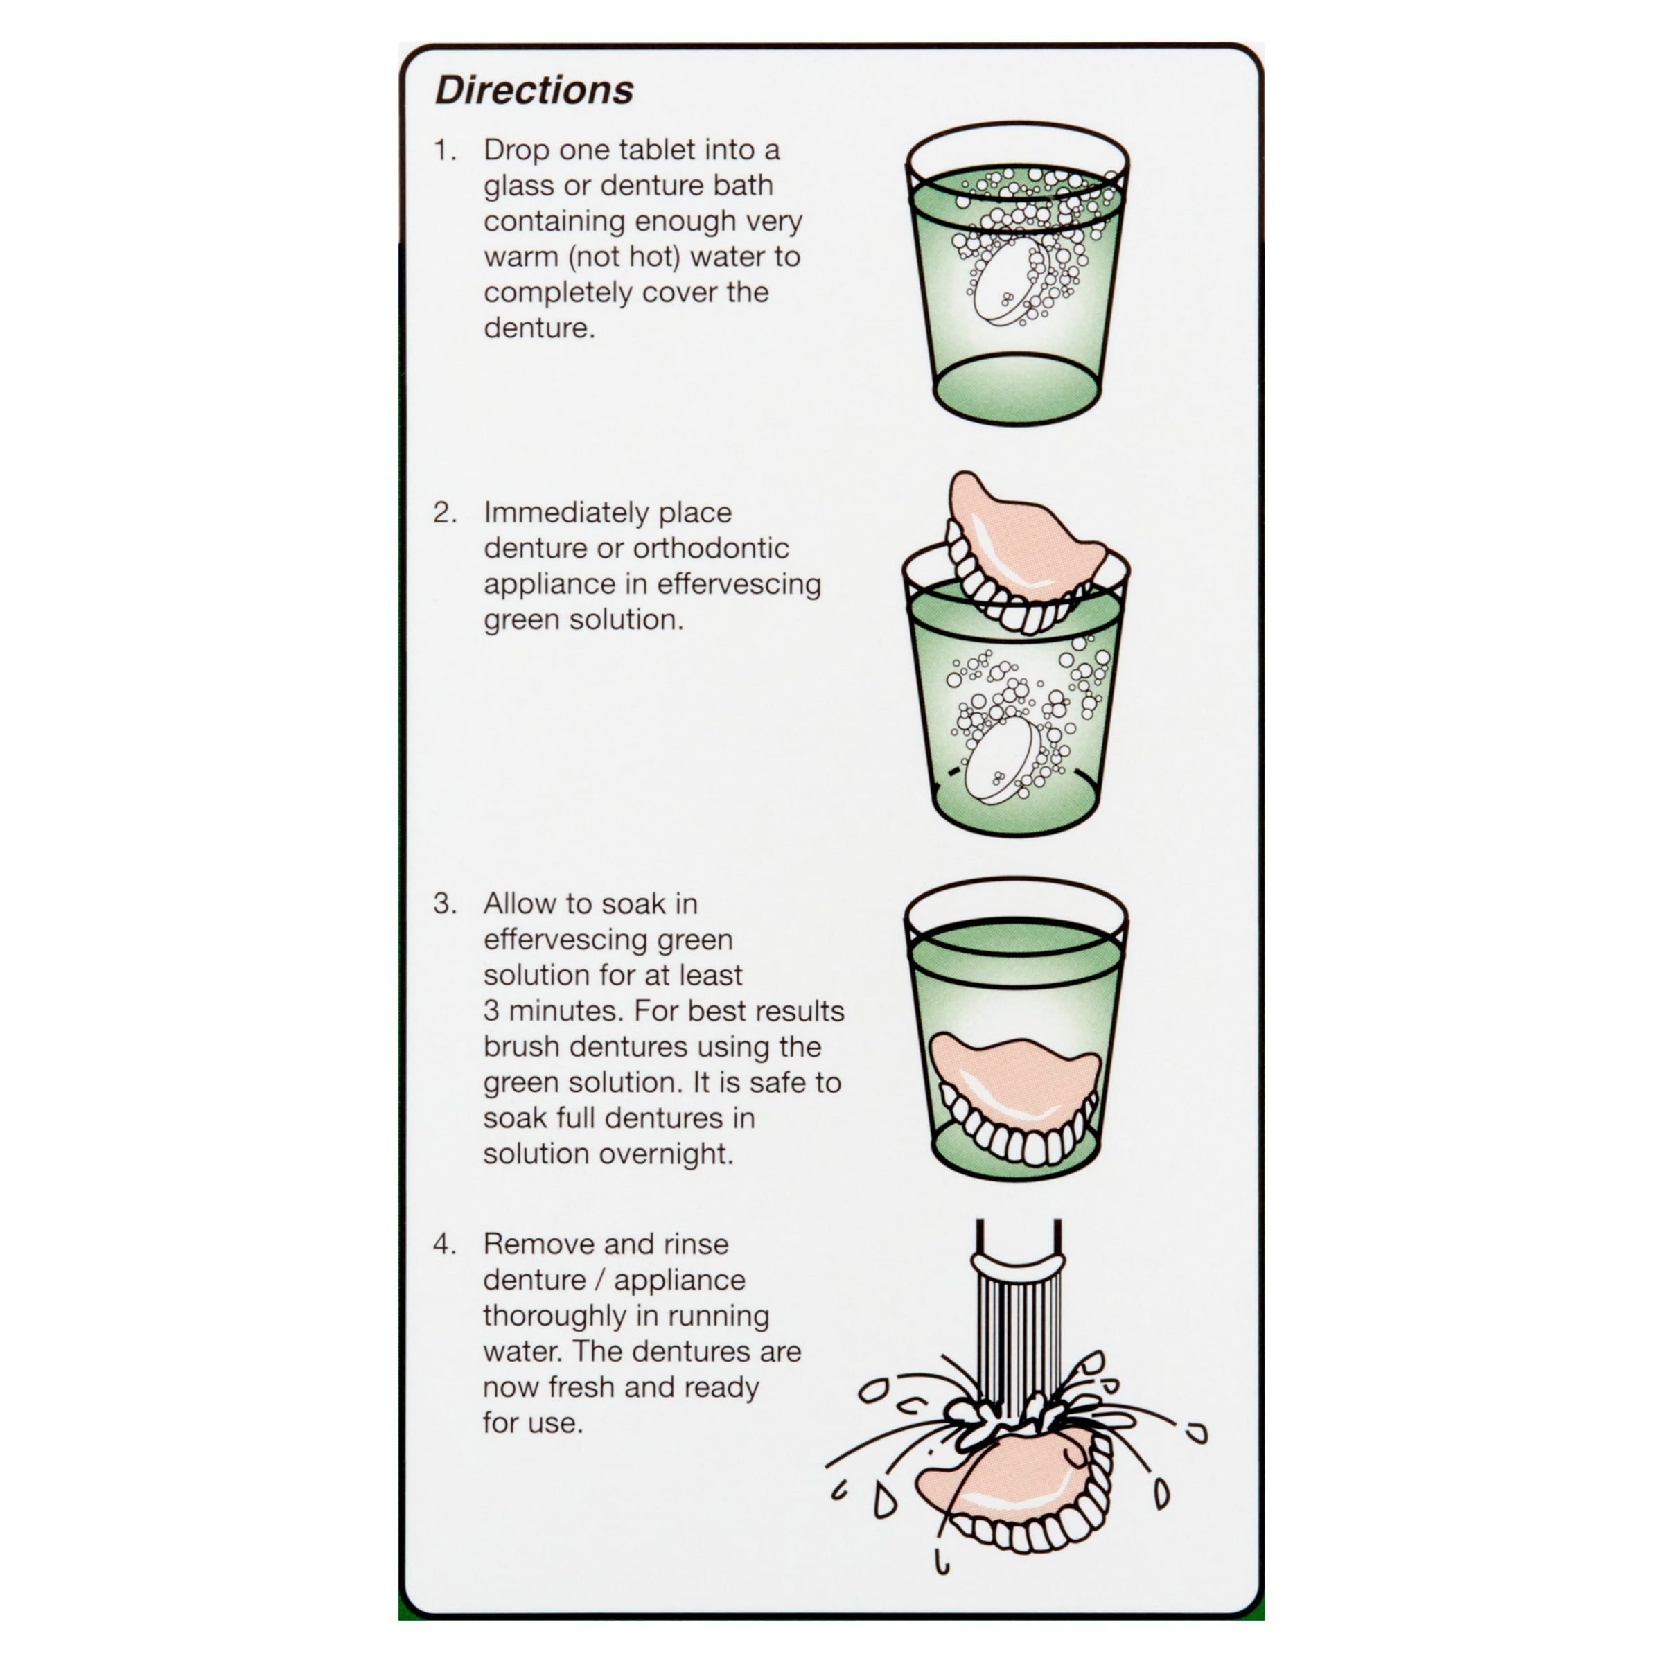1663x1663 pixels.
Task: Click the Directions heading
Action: coord(534,90)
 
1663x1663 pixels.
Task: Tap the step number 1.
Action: coord(444,150)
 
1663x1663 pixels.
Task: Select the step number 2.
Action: coord(445,513)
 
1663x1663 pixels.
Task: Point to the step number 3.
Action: coord(445,904)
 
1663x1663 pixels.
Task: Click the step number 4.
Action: coord(445,1244)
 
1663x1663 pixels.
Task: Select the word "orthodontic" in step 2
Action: coord(711,548)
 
